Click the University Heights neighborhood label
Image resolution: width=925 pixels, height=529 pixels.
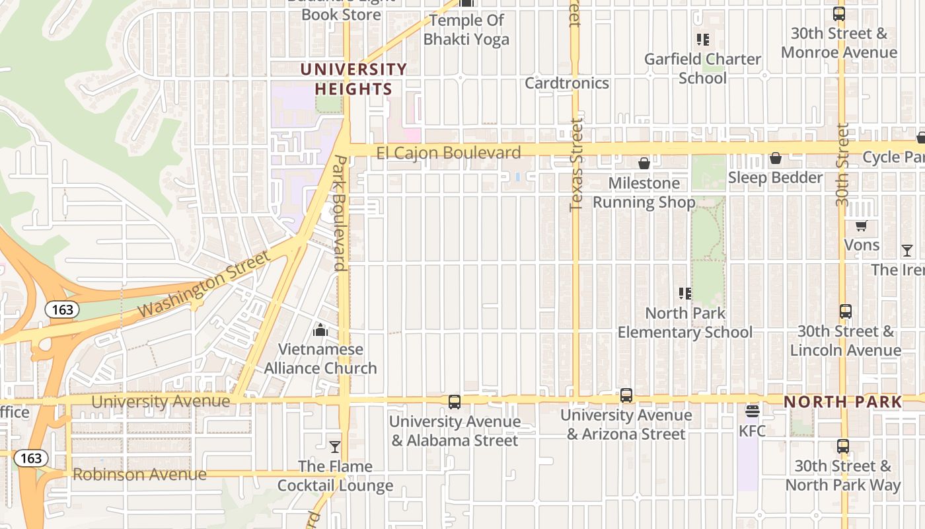[x=353, y=79]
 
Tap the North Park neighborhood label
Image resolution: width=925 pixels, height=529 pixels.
[x=842, y=402]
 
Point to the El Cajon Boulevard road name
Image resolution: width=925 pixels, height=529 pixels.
[x=449, y=153]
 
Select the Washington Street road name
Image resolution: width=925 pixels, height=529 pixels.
[x=204, y=285]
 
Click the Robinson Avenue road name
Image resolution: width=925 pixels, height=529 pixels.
[x=139, y=474]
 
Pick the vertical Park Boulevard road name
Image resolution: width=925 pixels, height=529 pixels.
[x=340, y=213]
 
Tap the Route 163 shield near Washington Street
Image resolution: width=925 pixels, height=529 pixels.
[x=63, y=309]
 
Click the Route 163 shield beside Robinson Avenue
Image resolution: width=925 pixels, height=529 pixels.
[x=30, y=458]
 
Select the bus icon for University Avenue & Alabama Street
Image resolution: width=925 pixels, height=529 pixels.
[x=454, y=401]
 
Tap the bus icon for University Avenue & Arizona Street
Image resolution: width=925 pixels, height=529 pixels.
[x=626, y=395]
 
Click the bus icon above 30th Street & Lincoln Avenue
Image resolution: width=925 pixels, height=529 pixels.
[x=845, y=311]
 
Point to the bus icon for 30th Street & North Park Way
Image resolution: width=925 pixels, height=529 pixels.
[x=842, y=446]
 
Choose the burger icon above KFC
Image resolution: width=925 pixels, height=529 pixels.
[x=752, y=411]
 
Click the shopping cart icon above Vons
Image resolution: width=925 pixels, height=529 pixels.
[x=861, y=226]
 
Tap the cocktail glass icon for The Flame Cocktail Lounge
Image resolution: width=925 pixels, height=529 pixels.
[x=335, y=447]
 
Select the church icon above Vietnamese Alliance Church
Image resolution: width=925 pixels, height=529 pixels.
[x=320, y=329]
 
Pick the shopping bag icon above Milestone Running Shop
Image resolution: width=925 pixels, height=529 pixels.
[x=644, y=163]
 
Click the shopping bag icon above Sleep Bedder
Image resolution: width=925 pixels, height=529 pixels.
[x=776, y=158]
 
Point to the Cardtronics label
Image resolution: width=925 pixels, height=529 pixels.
[x=566, y=83]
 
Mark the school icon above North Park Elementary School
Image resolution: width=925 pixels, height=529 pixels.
[x=684, y=293]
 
